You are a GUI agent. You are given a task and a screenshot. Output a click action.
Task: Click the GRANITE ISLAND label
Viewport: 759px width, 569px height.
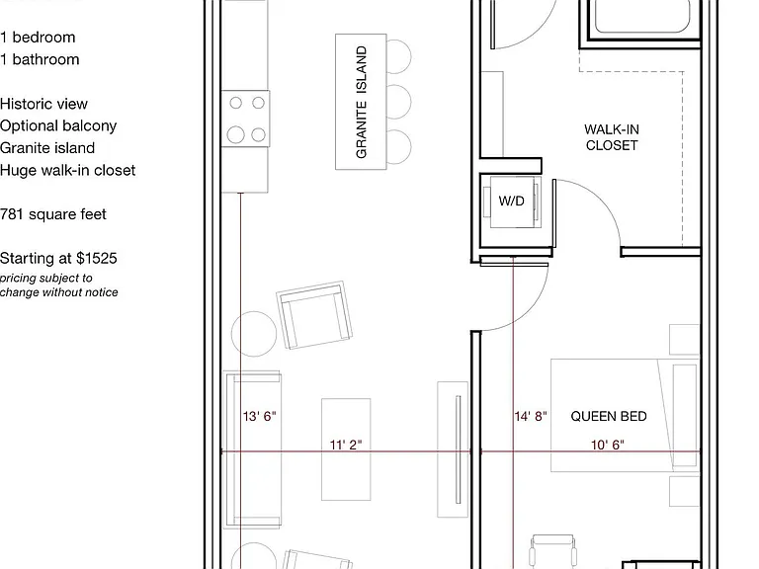pos(361,102)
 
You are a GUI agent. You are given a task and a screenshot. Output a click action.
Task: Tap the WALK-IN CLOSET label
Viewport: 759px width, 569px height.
pos(612,137)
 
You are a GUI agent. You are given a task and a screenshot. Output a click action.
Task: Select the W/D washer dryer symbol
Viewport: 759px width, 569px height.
pos(512,201)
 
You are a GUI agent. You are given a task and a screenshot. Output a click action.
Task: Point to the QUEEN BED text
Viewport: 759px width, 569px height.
pos(609,416)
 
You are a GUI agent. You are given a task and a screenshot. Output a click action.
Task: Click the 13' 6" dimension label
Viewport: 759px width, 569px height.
pos(260,416)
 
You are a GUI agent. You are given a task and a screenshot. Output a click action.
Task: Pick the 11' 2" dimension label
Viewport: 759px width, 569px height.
pos(346,445)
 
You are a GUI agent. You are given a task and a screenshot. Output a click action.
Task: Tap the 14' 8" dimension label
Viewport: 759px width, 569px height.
pos(531,416)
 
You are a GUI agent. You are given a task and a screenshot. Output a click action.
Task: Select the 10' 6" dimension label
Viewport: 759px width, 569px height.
pos(608,445)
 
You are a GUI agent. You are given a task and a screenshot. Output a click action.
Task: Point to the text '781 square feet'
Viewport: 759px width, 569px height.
pos(53,214)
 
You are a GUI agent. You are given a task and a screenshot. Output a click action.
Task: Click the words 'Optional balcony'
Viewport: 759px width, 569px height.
pos(58,125)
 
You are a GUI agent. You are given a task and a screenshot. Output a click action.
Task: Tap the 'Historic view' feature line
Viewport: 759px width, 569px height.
pos(43,104)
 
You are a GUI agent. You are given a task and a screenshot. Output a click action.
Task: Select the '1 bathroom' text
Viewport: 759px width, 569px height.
pos(40,59)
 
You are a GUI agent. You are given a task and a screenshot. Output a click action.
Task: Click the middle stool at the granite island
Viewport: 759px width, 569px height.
pos(399,102)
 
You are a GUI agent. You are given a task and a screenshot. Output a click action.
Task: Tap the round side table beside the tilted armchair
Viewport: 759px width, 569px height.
pos(254,334)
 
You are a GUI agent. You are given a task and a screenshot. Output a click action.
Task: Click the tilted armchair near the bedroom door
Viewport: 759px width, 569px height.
pos(314,314)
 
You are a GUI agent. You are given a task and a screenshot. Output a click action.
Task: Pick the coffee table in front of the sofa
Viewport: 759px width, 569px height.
pos(346,449)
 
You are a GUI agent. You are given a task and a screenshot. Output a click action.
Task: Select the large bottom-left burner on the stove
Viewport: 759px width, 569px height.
pos(236,134)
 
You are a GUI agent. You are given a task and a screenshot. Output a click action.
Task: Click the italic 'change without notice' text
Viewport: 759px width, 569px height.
pos(59,292)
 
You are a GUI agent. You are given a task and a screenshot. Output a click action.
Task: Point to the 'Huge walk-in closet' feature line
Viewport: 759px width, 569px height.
pos(68,170)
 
